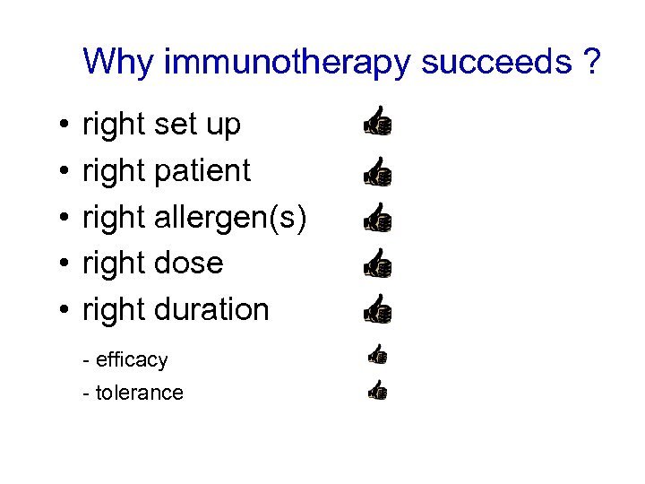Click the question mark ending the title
[x=590, y=62]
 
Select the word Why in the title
[x=121, y=62]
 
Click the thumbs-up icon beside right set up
[x=377, y=122]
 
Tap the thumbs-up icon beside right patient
[x=377, y=170]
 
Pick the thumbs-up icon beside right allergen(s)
[x=377, y=217]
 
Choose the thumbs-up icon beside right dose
[x=377, y=264]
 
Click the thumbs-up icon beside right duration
[x=377, y=309]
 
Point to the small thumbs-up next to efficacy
[x=377, y=356]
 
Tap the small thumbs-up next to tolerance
[x=377, y=390]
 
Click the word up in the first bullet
[x=223, y=126]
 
